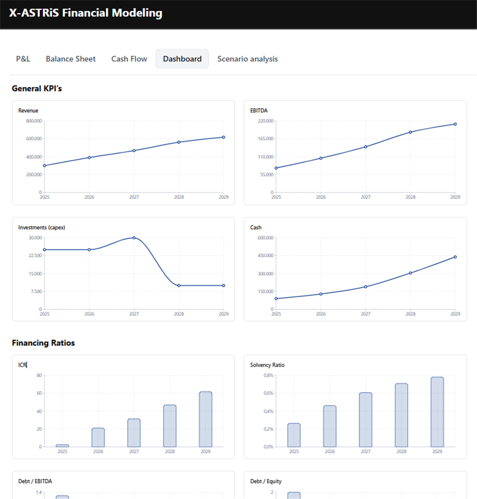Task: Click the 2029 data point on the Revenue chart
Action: click(x=223, y=137)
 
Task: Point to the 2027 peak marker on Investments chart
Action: click(x=134, y=238)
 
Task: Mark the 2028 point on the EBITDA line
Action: click(x=410, y=132)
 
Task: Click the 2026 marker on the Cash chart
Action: click(x=321, y=294)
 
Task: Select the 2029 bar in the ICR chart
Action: click(x=205, y=419)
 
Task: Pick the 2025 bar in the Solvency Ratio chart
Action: click(x=294, y=435)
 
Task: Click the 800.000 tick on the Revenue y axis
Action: click(x=34, y=121)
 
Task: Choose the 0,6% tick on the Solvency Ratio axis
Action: click(x=268, y=393)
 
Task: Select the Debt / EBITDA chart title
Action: click(x=35, y=481)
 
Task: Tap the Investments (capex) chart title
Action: click(x=41, y=227)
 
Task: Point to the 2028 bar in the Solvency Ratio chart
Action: click(x=401, y=415)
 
